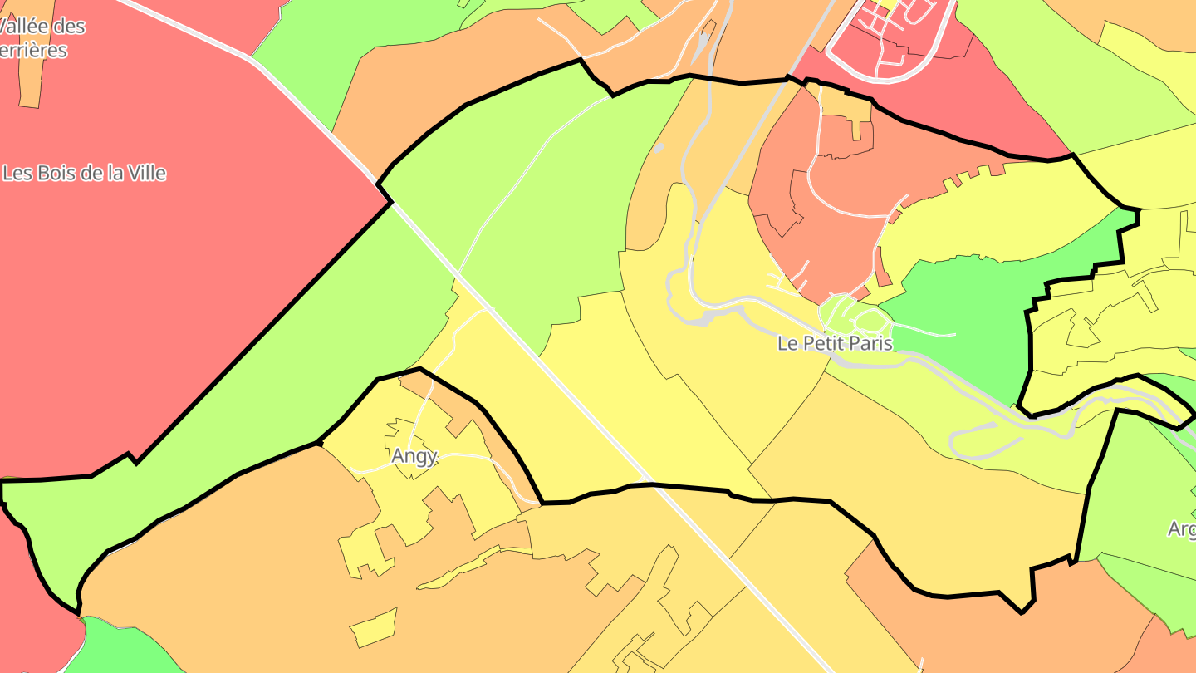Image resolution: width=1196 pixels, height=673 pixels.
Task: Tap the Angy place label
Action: coord(414,456)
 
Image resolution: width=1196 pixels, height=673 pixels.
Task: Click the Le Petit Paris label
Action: coord(835,342)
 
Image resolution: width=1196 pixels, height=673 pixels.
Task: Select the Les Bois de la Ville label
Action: coord(84,174)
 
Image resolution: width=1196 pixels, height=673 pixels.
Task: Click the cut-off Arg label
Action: coord(1181,528)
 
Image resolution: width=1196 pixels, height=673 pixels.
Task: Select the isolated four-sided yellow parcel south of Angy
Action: coord(374,628)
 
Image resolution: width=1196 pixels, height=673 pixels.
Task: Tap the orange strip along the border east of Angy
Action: coord(498,449)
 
